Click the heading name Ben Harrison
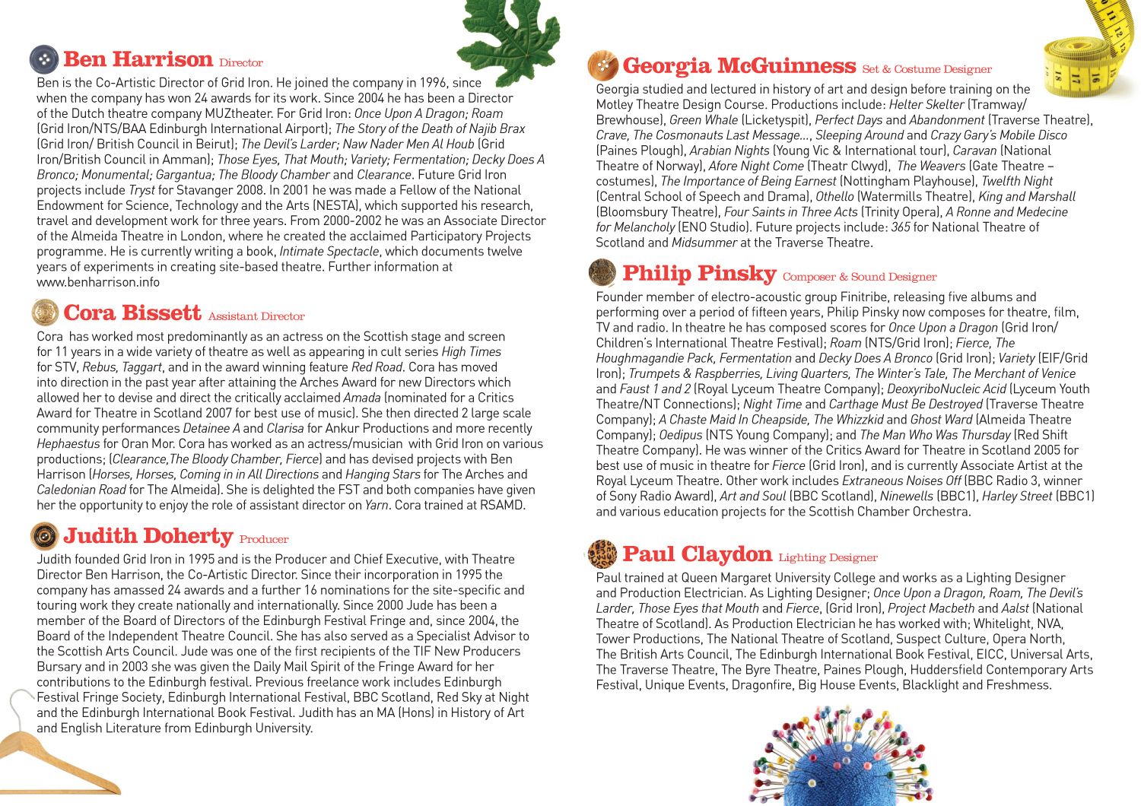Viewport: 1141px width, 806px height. (138, 59)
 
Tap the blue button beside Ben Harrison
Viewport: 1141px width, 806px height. (44, 59)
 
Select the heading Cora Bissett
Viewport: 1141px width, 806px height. (132, 313)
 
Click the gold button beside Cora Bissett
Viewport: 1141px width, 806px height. (45, 313)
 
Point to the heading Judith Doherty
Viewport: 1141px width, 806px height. (148, 536)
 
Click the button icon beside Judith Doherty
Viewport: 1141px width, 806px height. (45, 536)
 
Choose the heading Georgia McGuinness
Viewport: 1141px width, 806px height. (739, 66)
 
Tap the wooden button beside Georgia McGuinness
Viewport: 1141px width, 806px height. (603, 66)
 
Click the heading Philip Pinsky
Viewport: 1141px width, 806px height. (698, 274)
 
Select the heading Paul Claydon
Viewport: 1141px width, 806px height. (697, 554)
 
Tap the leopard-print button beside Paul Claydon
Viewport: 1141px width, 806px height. (602, 554)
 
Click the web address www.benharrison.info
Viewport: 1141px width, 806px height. (98, 282)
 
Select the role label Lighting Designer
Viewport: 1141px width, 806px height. (828, 558)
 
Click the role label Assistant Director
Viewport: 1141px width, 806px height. (256, 316)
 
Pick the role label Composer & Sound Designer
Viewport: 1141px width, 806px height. (860, 277)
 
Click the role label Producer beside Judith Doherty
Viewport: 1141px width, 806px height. (264, 540)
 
